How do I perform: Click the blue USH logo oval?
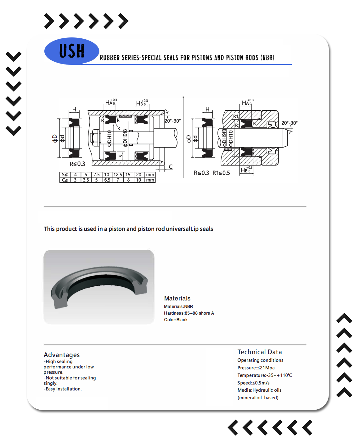click(72, 51)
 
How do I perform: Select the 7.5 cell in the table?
click(97, 175)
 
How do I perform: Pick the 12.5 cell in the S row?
click(118, 175)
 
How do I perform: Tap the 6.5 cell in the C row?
click(107, 180)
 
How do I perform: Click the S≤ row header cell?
click(65, 175)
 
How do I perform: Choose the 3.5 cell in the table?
click(86, 180)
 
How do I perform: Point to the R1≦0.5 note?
click(221, 173)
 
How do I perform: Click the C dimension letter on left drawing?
click(171, 167)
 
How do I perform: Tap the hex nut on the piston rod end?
click(94, 138)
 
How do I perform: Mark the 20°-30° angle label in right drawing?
click(289, 123)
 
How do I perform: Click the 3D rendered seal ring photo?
click(99, 287)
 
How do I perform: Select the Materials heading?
click(177, 298)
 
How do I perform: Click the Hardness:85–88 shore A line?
click(189, 313)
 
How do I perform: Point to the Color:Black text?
click(176, 320)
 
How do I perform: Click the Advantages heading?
click(62, 355)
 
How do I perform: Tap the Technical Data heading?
click(260, 352)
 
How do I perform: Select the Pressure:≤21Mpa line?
click(256, 368)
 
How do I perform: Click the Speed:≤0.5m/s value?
click(253, 383)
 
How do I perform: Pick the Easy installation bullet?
click(63, 389)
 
